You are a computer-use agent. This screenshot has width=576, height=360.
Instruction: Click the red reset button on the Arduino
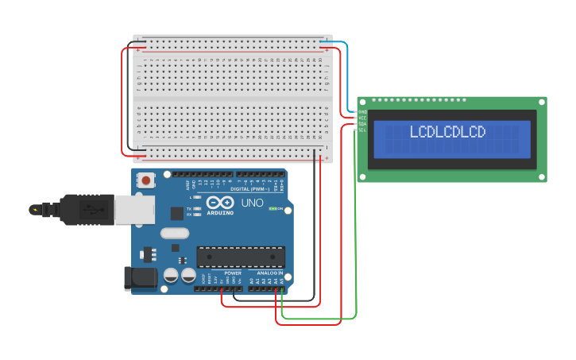[x=146, y=180]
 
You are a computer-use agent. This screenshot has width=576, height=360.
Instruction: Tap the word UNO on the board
[x=252, y=203]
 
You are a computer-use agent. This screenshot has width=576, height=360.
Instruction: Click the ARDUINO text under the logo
[x=220, y=213]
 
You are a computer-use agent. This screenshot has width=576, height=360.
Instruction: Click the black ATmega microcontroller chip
[x=241, y=257]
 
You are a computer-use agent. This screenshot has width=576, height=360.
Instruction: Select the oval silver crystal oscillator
[x=174, y=233]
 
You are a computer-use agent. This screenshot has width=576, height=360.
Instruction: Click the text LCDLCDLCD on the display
[x=446, y=132]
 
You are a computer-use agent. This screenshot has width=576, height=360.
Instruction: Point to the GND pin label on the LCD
[x=362, y=112]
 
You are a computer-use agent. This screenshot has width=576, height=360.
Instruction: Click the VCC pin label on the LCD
[x=362, y=118]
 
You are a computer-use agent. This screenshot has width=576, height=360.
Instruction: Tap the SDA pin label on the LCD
[x=362, y=124]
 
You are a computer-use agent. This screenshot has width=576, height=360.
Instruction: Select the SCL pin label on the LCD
[x=362, y=130]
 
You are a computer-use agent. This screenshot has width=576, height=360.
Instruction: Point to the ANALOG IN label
[x=269, y=273]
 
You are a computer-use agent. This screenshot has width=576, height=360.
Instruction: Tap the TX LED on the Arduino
[x=196, y=209]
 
